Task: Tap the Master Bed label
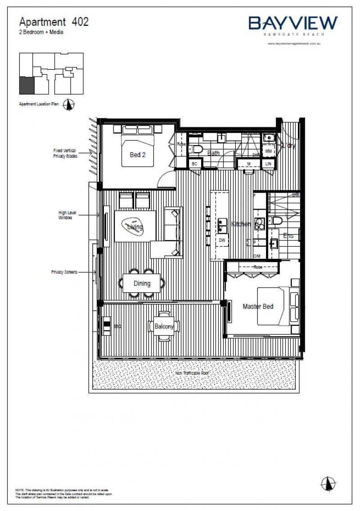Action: [258, 307]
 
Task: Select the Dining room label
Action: [142, 284]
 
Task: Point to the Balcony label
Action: [164, 326]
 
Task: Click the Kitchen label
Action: [241, 224]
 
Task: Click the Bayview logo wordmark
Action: [293, 23]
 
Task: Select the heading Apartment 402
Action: [54, 21]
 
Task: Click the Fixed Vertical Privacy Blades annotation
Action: [65, 154]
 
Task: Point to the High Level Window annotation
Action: [65, 215]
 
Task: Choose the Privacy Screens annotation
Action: [64, 272]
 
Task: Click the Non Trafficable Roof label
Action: [192, 373]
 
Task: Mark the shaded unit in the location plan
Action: [26, 84]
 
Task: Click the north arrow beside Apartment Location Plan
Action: [69, 104]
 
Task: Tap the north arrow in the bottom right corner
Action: [328, 483]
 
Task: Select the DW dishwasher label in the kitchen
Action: [221, 240]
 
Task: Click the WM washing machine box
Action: [268, 151]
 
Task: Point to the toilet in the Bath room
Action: [197, 149]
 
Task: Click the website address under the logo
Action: [293, 44]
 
